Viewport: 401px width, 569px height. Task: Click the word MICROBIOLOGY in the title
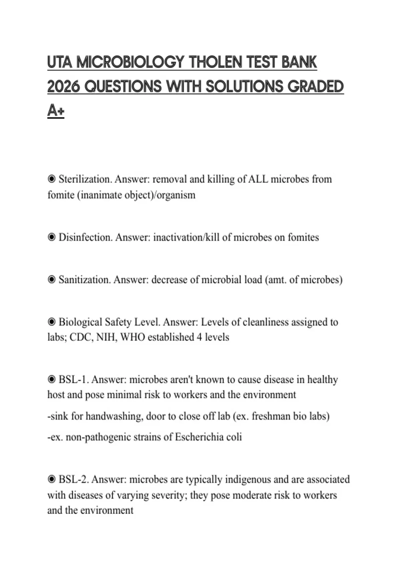[131, 63]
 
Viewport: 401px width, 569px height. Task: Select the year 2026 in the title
[63, 87]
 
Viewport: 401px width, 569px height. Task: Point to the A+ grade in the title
[55, 111]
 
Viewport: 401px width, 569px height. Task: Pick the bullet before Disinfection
[51, 237]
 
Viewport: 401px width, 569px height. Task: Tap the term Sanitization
[85, 279]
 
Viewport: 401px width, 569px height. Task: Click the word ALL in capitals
[258, 179]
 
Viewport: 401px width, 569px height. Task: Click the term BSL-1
[73, 380]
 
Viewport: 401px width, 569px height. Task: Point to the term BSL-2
[73, 480]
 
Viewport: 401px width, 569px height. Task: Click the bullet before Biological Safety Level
[51, 322]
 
